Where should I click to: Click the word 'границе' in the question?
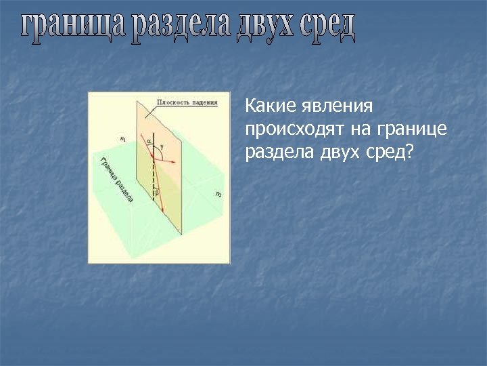pyautogui.click(x=413, y=129)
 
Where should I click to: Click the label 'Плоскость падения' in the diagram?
pyautogui.click(x=187, y=103)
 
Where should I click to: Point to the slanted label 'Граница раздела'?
pyautogui.click(x=116, y=179)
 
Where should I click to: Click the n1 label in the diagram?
pyautogui.click(x=122, y=140)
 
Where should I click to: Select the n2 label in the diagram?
pyautogui.click(x=218, y=194)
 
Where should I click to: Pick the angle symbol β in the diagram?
pyautogui.click(x=157, y=192)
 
